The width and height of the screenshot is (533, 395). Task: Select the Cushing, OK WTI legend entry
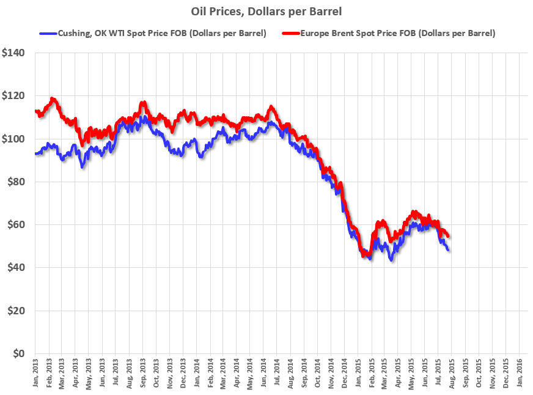(x=153, y=34)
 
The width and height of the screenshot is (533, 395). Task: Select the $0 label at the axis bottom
(x=18, y=353)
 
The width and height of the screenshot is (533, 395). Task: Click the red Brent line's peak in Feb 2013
(x=53, y=98)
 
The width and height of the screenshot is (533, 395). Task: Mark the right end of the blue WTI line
(x=448, y=250)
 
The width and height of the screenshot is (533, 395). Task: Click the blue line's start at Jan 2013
(x=36, y=153)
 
